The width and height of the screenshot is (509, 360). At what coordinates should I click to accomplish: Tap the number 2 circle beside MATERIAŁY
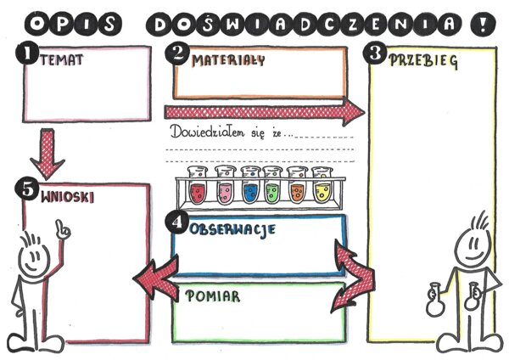177,53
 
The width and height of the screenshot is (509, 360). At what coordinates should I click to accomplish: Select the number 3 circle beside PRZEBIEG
377,53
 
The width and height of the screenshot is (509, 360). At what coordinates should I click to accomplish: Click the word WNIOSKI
67,196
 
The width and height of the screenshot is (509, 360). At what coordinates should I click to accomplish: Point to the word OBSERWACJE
232,229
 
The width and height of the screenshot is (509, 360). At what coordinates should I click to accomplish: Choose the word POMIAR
212,296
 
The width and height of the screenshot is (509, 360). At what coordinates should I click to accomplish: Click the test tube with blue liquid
250,188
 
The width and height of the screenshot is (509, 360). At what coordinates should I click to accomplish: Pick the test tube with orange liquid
298,188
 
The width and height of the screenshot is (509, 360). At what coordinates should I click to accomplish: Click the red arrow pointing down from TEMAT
46,152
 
